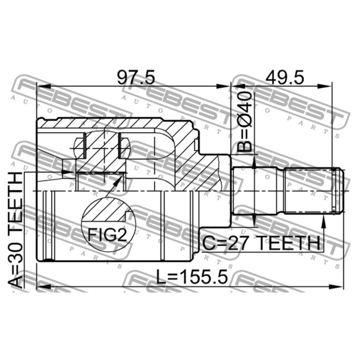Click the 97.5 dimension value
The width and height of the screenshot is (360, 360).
[x=136, y=77]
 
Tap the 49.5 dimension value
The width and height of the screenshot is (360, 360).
[x=285, y=77]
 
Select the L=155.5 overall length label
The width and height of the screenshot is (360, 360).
[x=192, y=277]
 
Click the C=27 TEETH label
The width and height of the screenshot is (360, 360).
[x=261, y=243]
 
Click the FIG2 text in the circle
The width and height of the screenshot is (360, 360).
[x=107, y=234]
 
